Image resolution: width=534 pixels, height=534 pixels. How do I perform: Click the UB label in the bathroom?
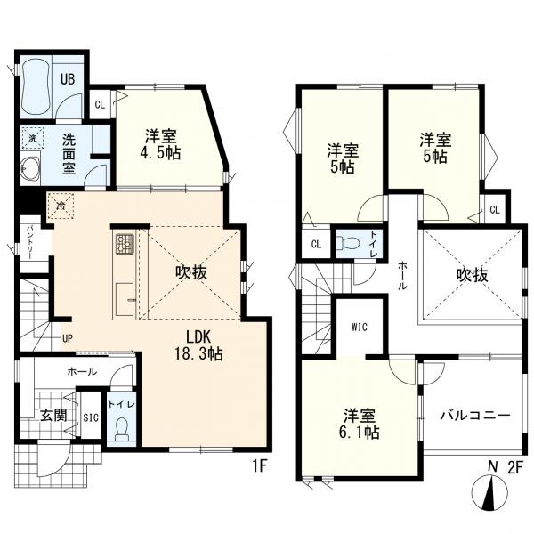(x=68, y=78)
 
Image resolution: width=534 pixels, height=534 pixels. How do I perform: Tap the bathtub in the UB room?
(x=36, y=85)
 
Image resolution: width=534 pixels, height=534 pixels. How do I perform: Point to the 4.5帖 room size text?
(x=162, y=153)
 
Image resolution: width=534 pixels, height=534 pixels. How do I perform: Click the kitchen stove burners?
(x=124, y=243)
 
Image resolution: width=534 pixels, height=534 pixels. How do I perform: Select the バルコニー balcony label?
(x=473, y=416)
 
